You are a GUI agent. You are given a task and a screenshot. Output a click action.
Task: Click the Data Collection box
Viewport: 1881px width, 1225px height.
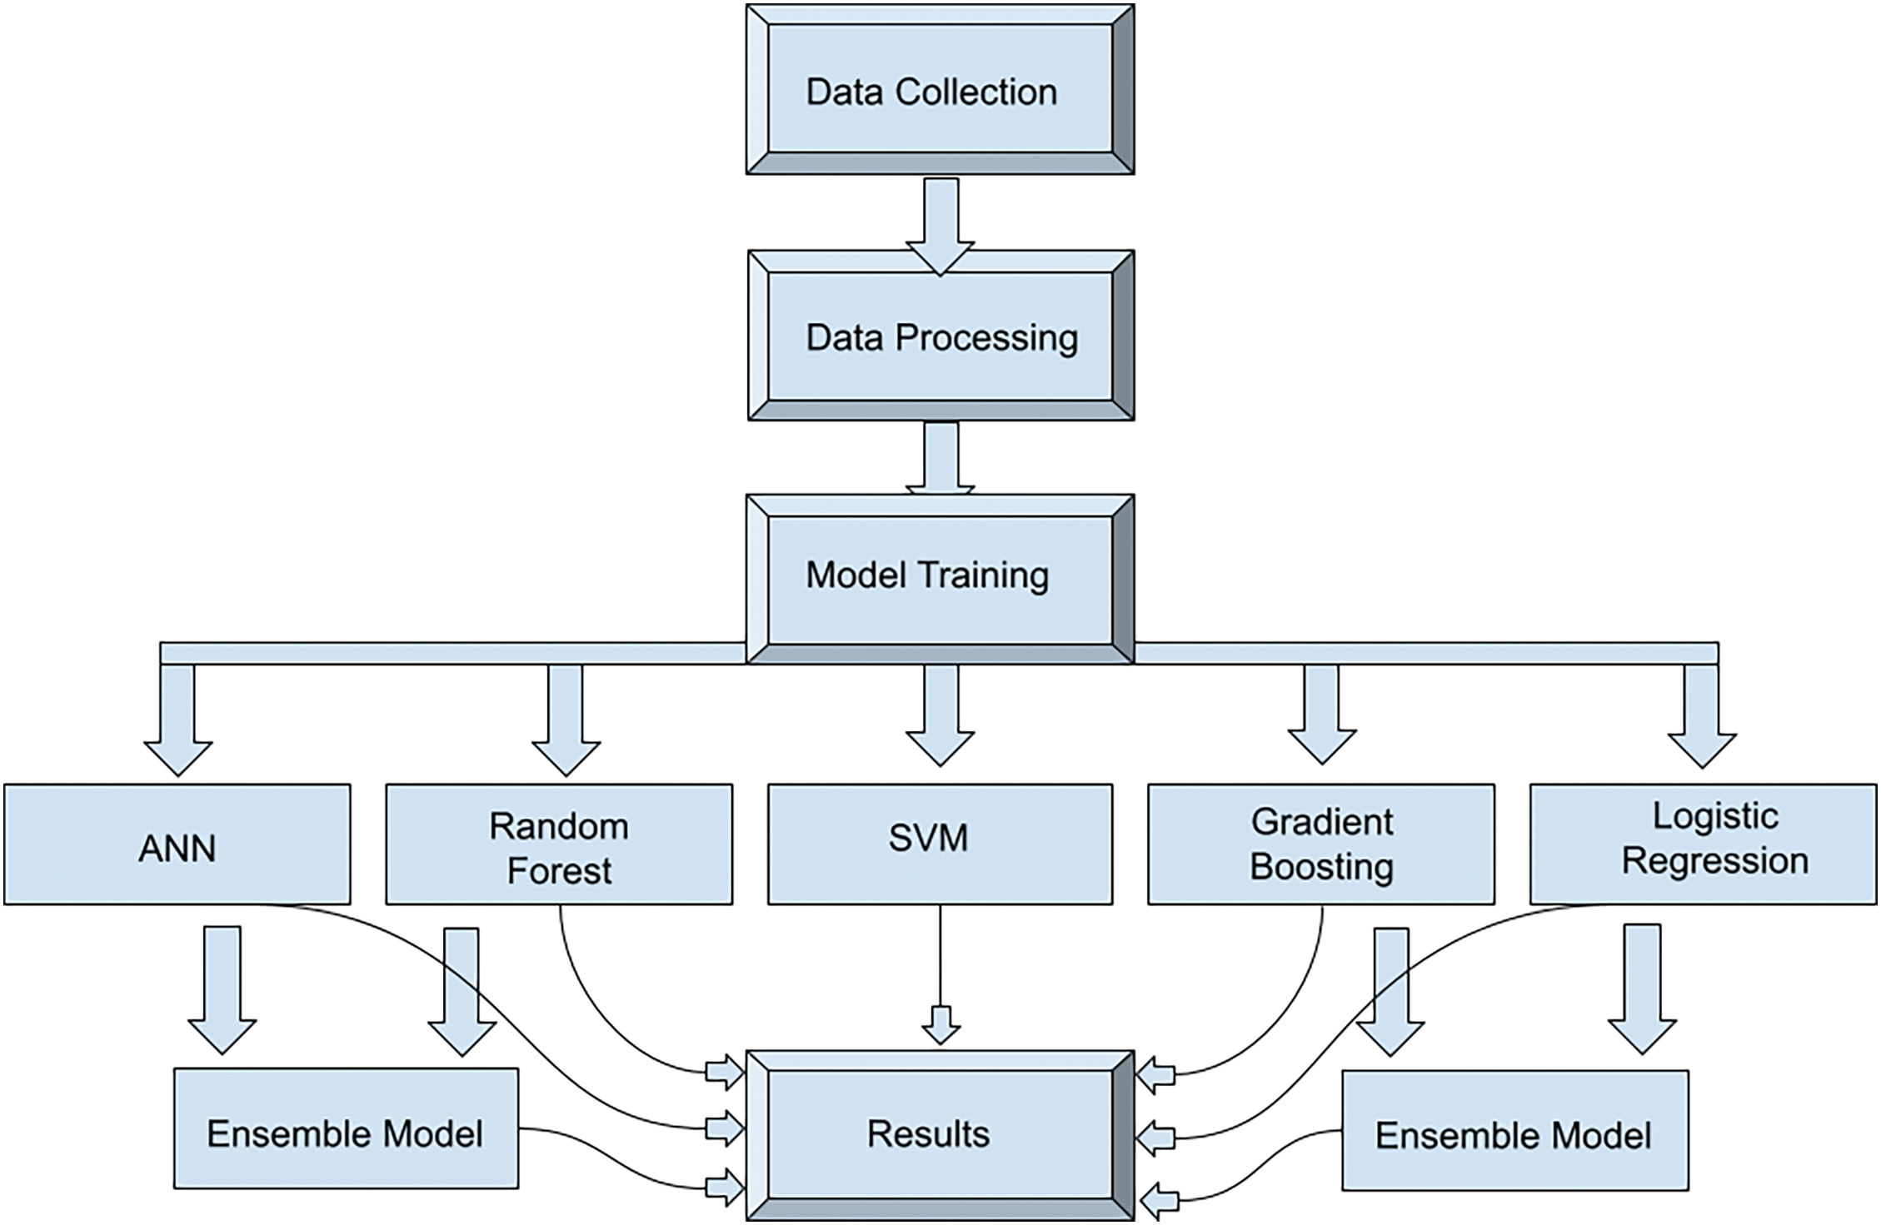pos(940,90)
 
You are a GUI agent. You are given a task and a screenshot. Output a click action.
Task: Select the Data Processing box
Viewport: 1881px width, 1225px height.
pos(940,336)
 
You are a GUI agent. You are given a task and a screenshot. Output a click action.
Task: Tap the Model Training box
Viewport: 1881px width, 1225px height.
pos(940,580)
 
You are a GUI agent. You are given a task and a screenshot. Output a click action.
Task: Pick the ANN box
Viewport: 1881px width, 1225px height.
pos(177,844)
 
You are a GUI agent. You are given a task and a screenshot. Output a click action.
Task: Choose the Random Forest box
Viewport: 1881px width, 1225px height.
pos(559,844)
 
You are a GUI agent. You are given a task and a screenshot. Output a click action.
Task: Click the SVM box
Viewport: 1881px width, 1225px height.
pos(940,844)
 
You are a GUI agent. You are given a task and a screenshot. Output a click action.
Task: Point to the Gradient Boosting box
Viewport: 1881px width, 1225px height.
pos(1321,844)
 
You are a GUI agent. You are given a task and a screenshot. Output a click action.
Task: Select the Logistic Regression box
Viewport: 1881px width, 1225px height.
pos(1703,844)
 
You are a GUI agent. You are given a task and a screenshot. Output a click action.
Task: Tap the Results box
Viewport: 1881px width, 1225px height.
pos(940,1134)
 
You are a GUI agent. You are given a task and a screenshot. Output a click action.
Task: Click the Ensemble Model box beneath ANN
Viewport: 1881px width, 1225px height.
pos(346,1129)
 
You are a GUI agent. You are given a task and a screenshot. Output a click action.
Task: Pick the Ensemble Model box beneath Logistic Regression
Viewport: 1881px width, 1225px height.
pos(1514,1131)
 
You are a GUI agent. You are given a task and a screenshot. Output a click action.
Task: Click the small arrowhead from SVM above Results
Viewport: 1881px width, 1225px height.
pos(941,1024)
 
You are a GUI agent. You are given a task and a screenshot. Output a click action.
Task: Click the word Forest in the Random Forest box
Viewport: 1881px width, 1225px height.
pos(560,871)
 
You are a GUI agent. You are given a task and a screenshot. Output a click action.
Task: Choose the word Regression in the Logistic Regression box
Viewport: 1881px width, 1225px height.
pos(1714,861)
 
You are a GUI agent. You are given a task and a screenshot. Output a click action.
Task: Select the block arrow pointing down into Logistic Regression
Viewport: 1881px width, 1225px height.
pos(1702,716)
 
